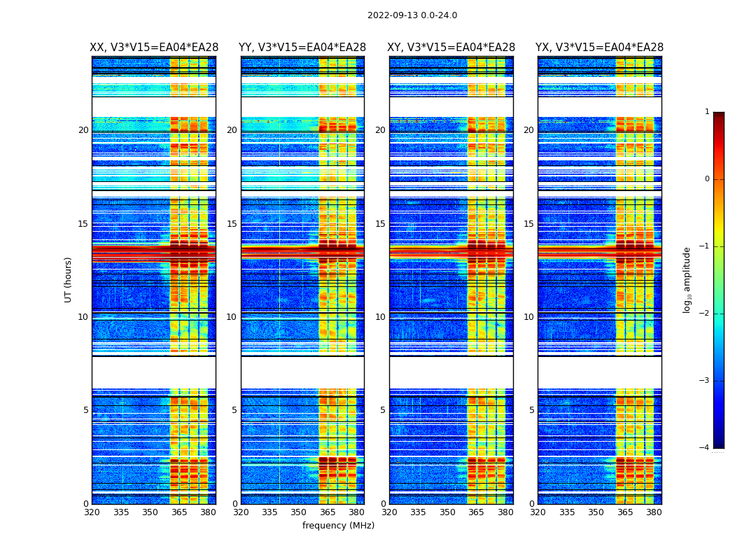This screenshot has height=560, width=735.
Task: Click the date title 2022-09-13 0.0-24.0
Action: [x=412, y=15]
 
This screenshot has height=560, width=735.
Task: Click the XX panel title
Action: [x=154, y=48]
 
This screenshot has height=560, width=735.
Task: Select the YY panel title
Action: [x=302, y=48]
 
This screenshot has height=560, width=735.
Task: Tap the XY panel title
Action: [x=451, y=48]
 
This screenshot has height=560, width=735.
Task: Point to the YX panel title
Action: [x=599, y=48]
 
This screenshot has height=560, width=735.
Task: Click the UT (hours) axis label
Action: [x=68, y=279]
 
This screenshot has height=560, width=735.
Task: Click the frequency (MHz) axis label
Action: [x=338, y=526]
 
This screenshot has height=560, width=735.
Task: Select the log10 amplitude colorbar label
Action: [x=687, y=279]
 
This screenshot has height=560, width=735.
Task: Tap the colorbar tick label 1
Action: [x=706, y=112]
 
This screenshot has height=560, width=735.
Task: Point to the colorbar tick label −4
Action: [x=704, y=448]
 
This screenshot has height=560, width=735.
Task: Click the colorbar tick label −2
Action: [x=704, y=314]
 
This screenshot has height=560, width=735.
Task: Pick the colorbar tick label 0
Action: [x=706, y=179]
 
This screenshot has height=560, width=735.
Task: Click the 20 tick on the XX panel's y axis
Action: [x=83, y=130]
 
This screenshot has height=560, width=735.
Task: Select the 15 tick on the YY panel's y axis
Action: [x=232, y=224]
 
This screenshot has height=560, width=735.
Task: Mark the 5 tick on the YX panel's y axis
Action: [x=531, y=410]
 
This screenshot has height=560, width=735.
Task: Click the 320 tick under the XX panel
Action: [x=92, y=512]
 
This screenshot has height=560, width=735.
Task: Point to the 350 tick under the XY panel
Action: [x=447, y=512]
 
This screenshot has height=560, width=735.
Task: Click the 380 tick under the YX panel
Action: [x=654, y=512]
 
